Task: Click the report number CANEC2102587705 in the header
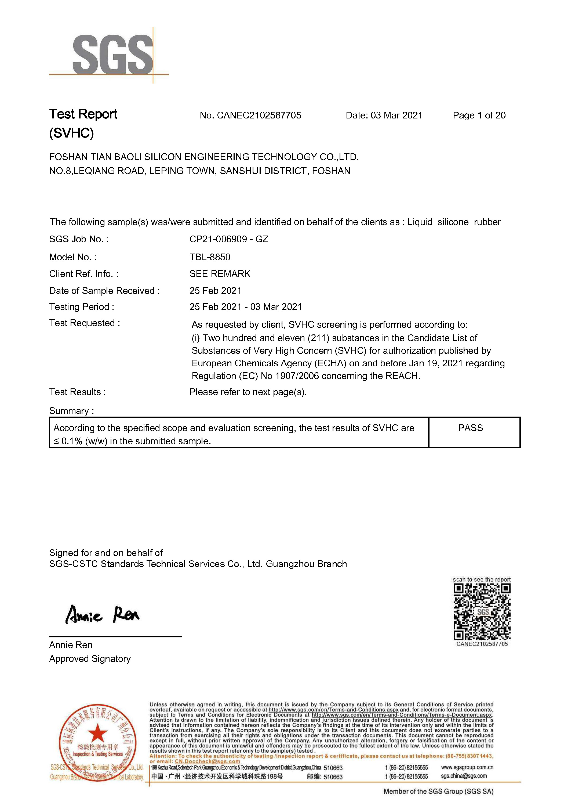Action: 259,115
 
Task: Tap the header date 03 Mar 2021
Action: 396,115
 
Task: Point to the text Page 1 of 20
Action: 479,115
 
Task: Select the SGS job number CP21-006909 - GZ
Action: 228,239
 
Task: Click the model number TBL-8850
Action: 210,257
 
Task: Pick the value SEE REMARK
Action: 220,274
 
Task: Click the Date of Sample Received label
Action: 104,291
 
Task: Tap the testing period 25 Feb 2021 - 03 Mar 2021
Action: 246,307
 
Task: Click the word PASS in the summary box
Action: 471,428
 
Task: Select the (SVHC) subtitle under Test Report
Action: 72,133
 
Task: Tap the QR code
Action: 482,612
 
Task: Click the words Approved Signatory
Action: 90,659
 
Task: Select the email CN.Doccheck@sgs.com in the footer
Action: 207,761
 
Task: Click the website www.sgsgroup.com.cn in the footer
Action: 467,767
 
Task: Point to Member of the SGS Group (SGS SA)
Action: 438,791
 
